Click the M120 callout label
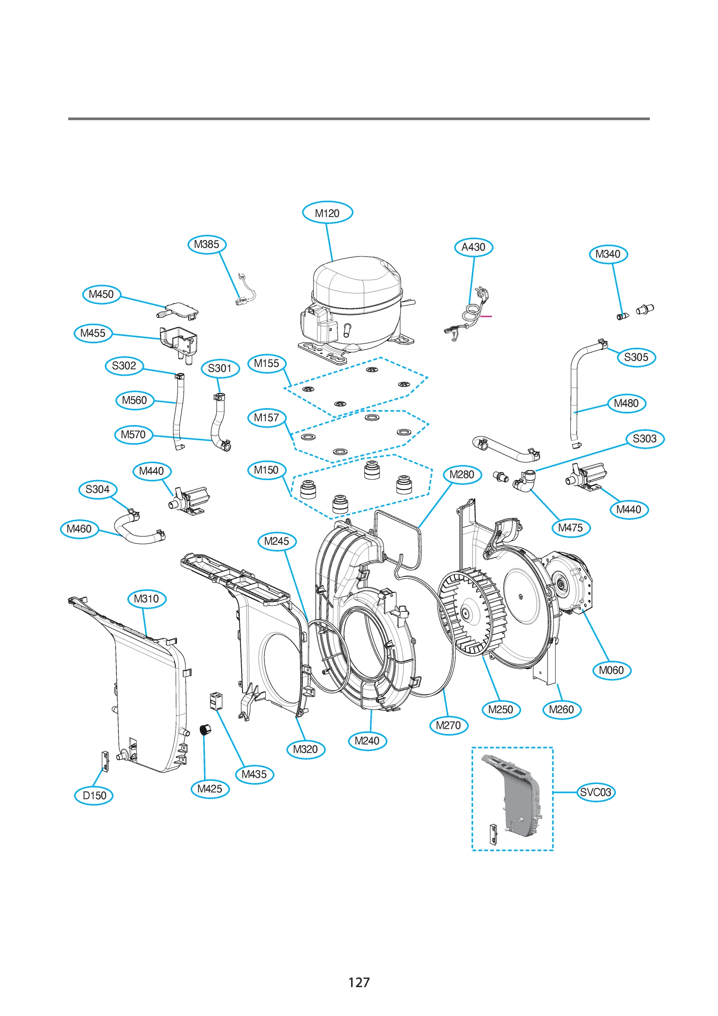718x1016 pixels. click(327, 213)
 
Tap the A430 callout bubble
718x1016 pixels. click(473, 247)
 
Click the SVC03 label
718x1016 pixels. click(595, 792)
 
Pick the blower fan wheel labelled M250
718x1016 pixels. click(472, 613)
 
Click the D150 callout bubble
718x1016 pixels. click(94, 795)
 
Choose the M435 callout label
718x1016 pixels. click(254, 774)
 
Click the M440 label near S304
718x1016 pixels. click(151, 471)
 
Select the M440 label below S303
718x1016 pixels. click(628, 509)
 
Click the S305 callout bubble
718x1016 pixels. click(636, 357)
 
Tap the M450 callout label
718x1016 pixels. click(101, 294)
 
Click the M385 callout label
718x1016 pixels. click(206, 244)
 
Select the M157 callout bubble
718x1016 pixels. click(266, 417)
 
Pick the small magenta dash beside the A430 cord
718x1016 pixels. click(486, 316)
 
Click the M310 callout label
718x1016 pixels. click(146, 599)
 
